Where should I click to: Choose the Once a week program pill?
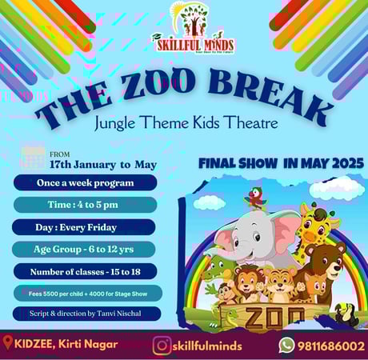(86, 183)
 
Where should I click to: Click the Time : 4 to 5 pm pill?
(86, 205)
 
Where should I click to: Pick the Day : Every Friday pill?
(86, 227)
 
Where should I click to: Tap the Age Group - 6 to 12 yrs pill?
(86, 249)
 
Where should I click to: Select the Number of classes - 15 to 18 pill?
(86, 271)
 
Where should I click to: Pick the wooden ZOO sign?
(264, 315)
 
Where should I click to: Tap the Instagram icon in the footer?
(162, 346)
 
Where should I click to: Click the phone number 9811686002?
(331, 346)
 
